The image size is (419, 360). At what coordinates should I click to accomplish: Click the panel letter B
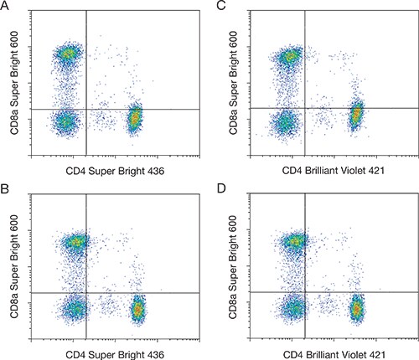coord(6,189)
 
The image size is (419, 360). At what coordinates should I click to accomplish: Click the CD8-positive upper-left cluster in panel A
coord(68,54)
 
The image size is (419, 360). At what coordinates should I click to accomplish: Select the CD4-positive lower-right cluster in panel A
coord(135,120)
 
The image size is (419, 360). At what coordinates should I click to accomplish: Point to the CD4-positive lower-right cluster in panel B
coord(138,309)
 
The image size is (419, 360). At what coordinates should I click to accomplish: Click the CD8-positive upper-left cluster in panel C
coord(290,57)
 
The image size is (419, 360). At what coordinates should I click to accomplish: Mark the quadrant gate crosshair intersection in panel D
coord(305,291)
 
